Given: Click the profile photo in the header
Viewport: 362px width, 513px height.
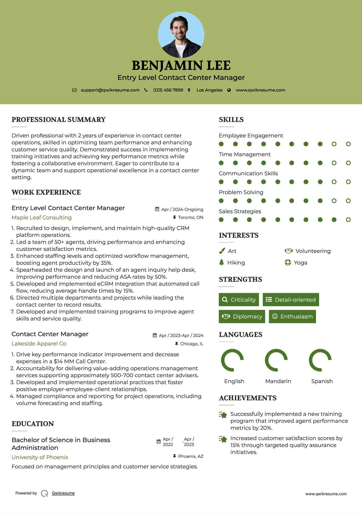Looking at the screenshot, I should (181, 35).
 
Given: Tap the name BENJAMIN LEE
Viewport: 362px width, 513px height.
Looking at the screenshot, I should (181, 65).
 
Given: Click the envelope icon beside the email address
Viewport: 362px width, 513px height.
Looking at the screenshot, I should (74, 90).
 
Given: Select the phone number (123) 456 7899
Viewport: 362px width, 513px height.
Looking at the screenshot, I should (168, 90).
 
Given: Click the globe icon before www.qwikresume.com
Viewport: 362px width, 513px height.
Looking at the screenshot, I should (229, 90).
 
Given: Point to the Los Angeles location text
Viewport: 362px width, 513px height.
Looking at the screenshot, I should (209, 90).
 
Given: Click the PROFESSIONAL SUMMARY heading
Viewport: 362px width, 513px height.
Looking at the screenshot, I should (59, 120).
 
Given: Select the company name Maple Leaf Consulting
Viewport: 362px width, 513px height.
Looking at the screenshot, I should (42, 218).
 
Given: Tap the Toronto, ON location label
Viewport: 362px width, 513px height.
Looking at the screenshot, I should (190, 218).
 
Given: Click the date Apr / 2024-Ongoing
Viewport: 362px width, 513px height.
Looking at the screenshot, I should (182, 209).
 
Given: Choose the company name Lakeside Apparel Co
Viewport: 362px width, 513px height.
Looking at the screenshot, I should (39, 344).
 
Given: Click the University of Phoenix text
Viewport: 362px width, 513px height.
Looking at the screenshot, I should (40, 457).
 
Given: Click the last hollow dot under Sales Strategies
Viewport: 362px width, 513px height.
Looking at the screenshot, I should (348, 220).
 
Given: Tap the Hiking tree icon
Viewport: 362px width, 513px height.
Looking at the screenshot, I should (222, 262).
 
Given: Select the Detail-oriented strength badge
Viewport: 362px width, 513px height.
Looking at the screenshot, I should (291, 300).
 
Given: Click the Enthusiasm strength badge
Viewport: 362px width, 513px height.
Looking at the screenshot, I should (292, 316).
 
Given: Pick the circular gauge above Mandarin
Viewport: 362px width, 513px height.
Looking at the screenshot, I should (276, 360).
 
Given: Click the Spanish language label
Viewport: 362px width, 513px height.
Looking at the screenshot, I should (322, 381).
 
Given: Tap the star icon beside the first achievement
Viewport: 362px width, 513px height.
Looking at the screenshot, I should (223, 415).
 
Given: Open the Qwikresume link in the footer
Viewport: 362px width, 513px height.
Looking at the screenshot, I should (63, 493).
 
